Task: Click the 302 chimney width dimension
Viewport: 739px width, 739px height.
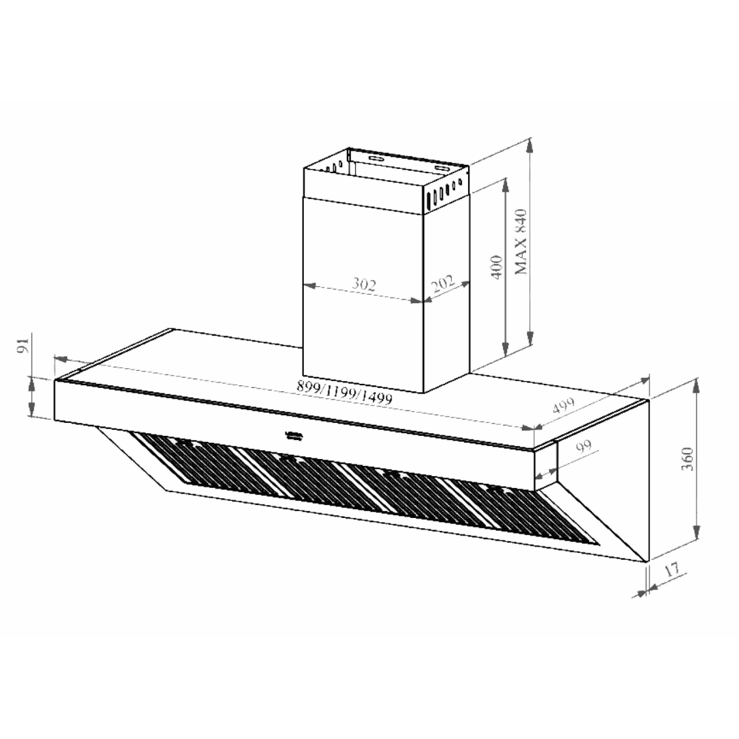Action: tap(364, 284)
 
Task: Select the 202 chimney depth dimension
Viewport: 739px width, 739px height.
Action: tap(444, 283)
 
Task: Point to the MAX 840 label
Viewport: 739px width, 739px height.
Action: tap(522, 242)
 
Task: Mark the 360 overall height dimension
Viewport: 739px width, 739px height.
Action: tap(688, 459)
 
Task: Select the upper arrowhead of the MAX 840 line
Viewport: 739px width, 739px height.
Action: tap(529, 145)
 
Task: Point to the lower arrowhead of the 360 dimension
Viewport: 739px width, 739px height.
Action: tap(697, 534)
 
